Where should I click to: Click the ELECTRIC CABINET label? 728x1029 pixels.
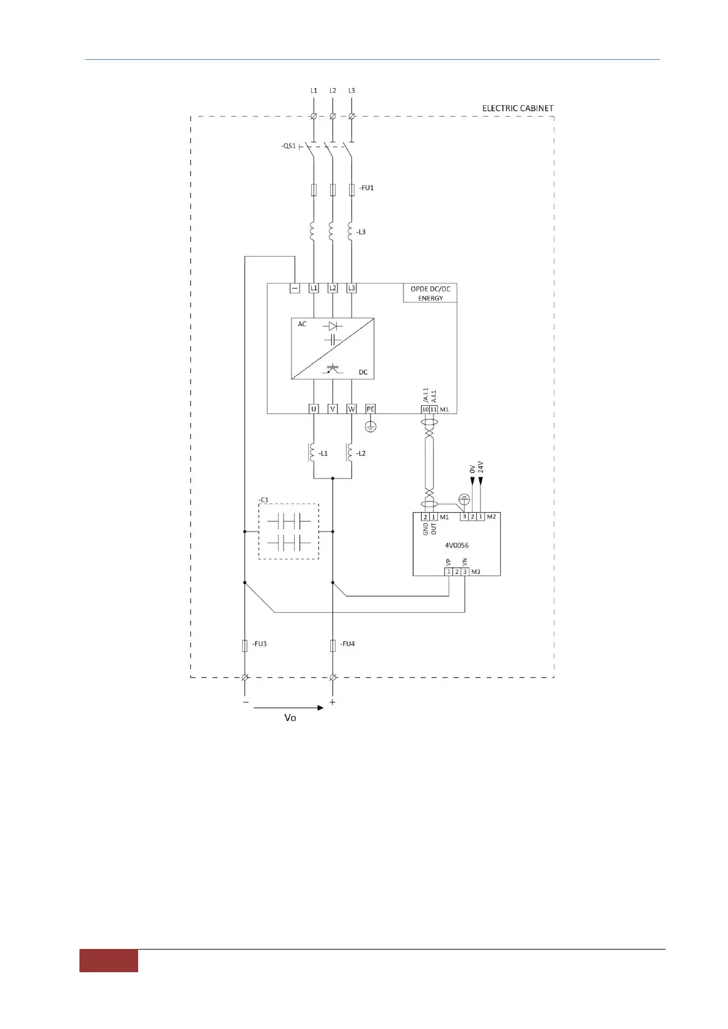[x=517, y=108]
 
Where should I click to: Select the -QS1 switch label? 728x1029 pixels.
[x=289, y=146]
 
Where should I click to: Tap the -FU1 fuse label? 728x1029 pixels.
[x=366, y=188]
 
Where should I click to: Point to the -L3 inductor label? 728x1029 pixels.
[x=361, y=232]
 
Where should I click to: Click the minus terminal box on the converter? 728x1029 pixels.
[x=295, y=288]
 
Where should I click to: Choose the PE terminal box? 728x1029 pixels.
[x=370, y=409]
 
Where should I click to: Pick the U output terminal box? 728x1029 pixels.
[x=314, y=409]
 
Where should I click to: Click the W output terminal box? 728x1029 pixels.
[x=351, y=409]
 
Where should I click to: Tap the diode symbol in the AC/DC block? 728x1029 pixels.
[x=333, y=326]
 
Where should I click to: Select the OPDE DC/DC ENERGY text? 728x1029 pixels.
[x=430, y=293]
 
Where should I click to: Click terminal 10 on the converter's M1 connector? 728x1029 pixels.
[x=425, y=409]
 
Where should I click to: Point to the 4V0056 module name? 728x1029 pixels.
[x=457, y=545]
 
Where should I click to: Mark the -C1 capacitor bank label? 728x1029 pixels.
[x=263, y=500]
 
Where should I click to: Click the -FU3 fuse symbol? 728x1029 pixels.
[x=245, y=645]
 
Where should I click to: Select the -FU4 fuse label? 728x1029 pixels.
[x=348, y=644]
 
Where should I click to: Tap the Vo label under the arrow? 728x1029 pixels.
[x=290, y=718]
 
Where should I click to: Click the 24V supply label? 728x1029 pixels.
[x=480, y=467]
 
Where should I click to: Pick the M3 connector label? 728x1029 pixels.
[x=476, y=572]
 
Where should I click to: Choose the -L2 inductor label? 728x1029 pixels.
[x=361, y=453]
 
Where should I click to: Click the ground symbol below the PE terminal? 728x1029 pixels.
[x=370, y=427]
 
